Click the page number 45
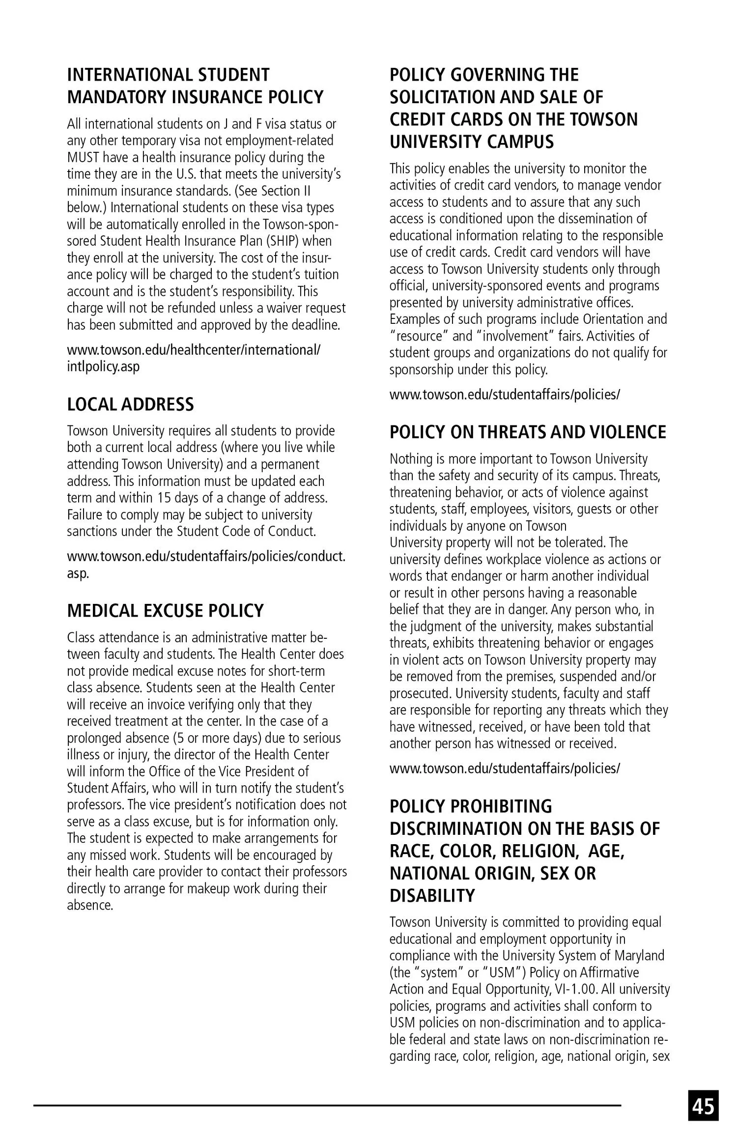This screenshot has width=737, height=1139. point(704,1106)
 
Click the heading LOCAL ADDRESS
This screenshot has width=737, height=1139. point(130,404)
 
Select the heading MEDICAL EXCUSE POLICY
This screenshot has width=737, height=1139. point(165,611)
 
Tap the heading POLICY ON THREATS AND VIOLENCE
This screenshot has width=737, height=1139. point(528,432)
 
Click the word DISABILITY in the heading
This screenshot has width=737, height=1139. point(432,896)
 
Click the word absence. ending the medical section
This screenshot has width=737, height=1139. point(90,905)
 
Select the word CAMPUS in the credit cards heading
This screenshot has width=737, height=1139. point(522,142)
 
